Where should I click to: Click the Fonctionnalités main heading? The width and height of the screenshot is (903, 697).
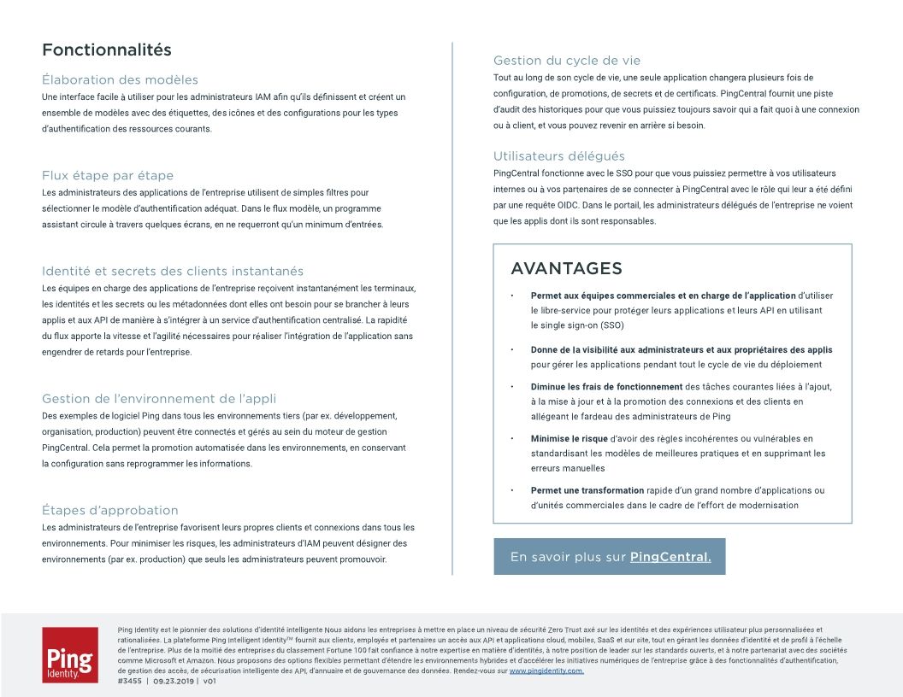(107, 50)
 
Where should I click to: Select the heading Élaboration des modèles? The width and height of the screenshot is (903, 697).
(120, 79)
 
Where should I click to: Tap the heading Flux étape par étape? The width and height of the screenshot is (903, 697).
(108, 175)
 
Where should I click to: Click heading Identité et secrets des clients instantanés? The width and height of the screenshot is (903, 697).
(173, 271)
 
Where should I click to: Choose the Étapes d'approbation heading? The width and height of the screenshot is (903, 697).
(110, 510)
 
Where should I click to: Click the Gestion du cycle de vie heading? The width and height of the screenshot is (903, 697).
(567, 61)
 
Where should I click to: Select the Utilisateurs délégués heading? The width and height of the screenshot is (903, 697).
(559, 156)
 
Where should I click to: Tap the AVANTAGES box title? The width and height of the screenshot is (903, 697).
(566, 269)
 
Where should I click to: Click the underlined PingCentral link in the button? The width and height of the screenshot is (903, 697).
(670, 557)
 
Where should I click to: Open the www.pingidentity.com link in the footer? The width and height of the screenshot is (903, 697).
(546, 671)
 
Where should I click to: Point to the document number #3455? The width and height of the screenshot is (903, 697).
(129, 682)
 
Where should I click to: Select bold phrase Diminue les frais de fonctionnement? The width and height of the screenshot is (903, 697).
(606, 387)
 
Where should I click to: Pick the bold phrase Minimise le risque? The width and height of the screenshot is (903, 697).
(570, 439)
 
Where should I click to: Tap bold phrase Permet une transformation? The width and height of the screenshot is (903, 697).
(587, 491)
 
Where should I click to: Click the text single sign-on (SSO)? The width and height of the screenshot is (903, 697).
(577, 325)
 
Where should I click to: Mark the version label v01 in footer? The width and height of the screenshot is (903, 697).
(210, 682)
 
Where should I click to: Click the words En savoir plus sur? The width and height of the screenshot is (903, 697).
(568, 557)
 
